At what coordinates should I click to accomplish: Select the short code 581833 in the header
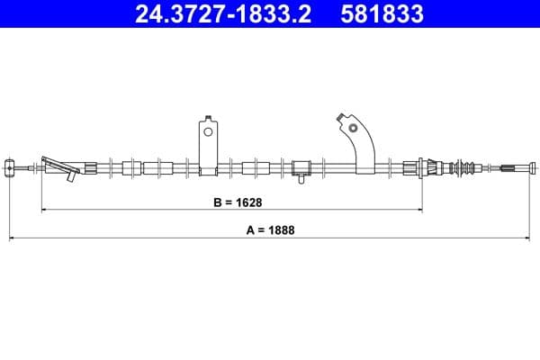tap(379, 14)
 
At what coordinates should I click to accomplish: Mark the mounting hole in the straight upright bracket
tap(208, 131)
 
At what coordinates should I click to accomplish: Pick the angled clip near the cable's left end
tap(58, 166)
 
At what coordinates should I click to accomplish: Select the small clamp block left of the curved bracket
tap(301, 166)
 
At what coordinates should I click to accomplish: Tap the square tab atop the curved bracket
tap(340, 117)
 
